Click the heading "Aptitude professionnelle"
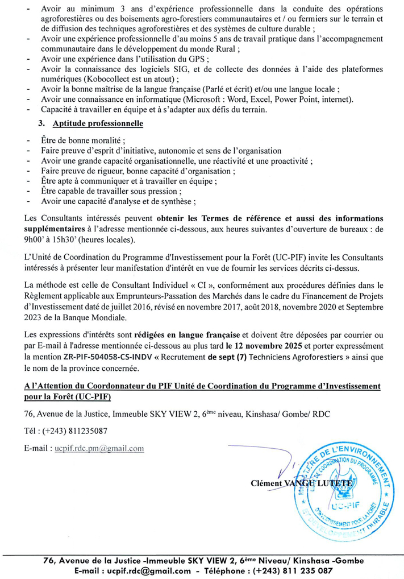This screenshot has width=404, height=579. [x=97, y=123]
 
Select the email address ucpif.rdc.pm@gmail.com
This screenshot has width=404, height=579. [x=99, y=448]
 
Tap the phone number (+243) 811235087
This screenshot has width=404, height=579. [x=75, y=431]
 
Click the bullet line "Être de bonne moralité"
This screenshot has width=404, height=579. [x=83, y=140]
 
